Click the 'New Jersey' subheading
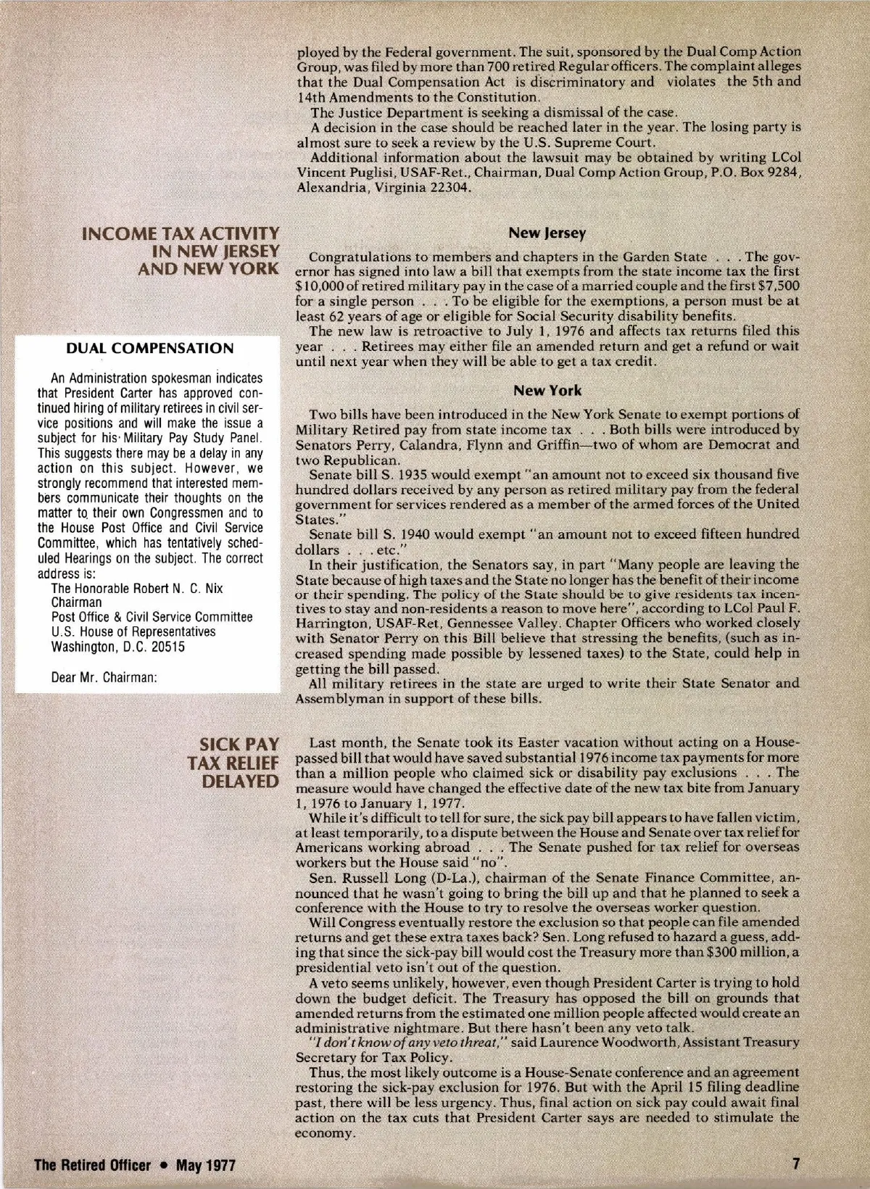click(x=547, y=233)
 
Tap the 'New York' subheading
click(x=547, y=391)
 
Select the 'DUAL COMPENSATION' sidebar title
click(x=150, y=349)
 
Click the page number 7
click(x=795, y=1165)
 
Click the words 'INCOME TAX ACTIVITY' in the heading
click(x=181, y=233)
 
